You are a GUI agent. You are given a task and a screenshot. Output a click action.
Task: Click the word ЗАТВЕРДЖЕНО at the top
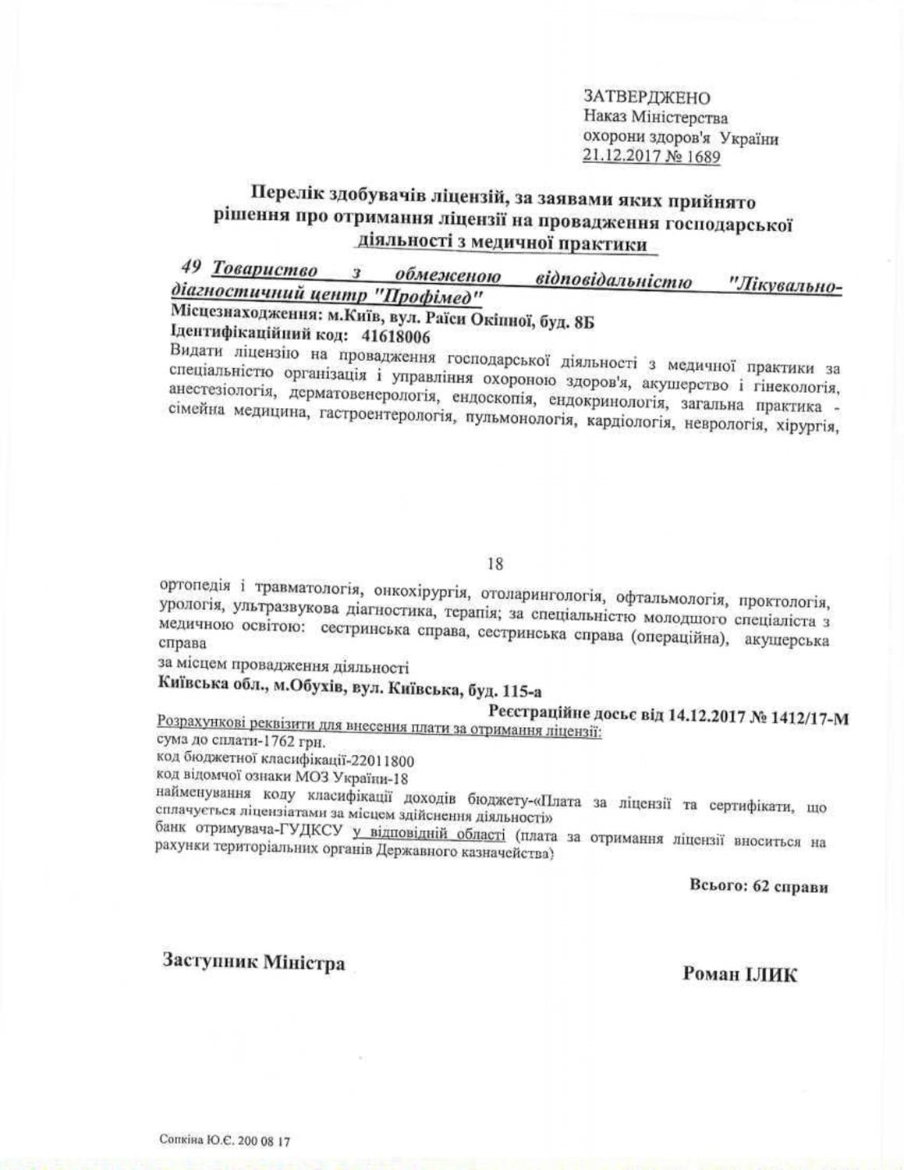[x=647, y=97]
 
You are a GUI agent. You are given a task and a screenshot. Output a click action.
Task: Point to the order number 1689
[x=704, y=158]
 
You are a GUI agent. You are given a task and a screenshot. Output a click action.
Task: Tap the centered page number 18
[x=495, y=563]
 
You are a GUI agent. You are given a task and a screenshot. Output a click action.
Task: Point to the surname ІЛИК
[x=768, y=974]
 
